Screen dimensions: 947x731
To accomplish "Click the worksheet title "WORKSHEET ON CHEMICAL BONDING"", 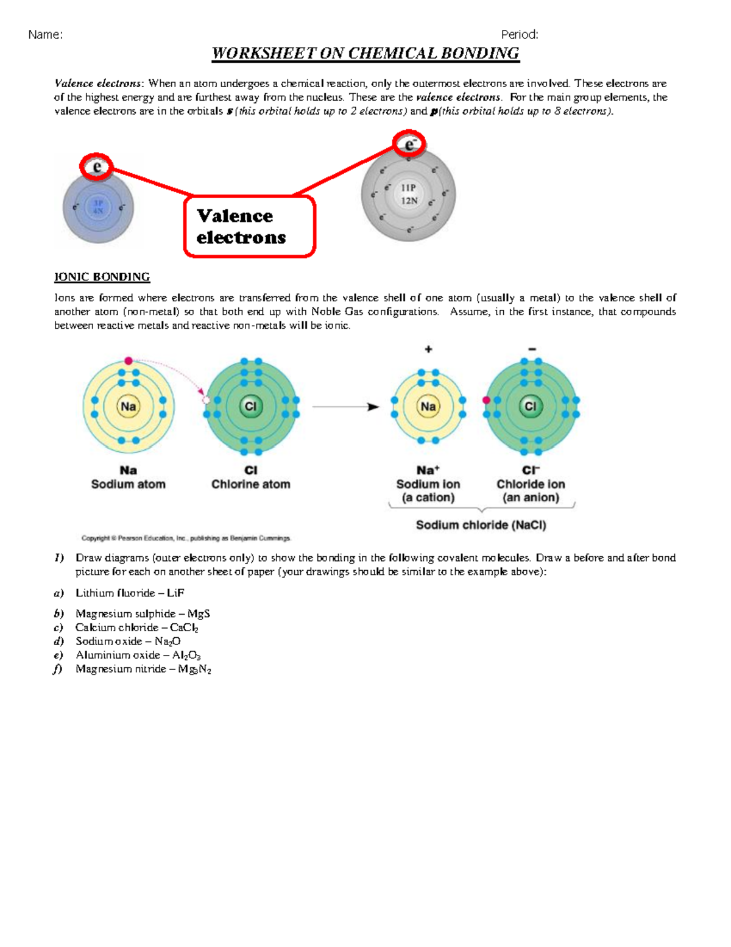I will (365, 54).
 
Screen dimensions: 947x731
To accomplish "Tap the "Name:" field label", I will (45, 35).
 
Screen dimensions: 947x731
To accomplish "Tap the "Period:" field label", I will (519, 35).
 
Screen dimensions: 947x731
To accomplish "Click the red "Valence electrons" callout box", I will (249, 226).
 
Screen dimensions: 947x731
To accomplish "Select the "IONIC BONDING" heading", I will (102, 277).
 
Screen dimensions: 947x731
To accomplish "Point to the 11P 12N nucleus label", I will (409, 194).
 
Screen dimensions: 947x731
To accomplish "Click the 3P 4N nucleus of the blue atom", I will (98, 207).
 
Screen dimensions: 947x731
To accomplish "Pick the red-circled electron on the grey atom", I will (409, 145).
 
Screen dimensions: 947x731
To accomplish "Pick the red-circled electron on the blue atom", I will (96, 166).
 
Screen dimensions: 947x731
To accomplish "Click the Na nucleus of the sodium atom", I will (128, 407).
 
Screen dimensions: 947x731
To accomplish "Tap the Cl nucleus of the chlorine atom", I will (250, 407).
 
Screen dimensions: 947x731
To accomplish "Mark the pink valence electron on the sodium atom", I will (129, 361).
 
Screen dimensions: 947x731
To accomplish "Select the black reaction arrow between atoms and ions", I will (345, 407).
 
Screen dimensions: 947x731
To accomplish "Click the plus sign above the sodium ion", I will (428, 349).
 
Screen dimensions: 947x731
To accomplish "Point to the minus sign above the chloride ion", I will (532, 349).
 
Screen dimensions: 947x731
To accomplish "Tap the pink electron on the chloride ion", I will (486, 400).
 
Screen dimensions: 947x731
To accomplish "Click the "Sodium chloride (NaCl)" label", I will (481, 525).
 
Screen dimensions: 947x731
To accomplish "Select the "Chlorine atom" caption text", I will (250, 484).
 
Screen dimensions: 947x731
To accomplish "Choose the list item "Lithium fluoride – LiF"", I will (129, 593).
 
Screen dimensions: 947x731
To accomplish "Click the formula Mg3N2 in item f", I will (194, 669).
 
